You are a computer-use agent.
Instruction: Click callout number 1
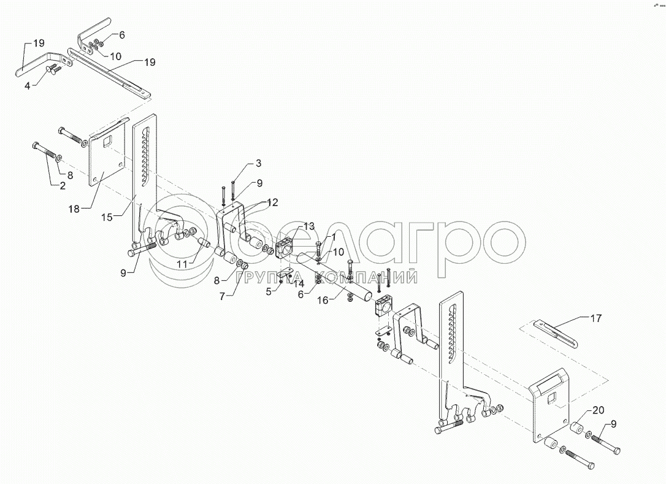332,236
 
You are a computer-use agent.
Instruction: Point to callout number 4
27,85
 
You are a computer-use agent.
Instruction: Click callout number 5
268,292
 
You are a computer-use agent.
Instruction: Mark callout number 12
272,202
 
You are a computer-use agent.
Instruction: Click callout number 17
595,318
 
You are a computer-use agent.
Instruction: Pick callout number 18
74,209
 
